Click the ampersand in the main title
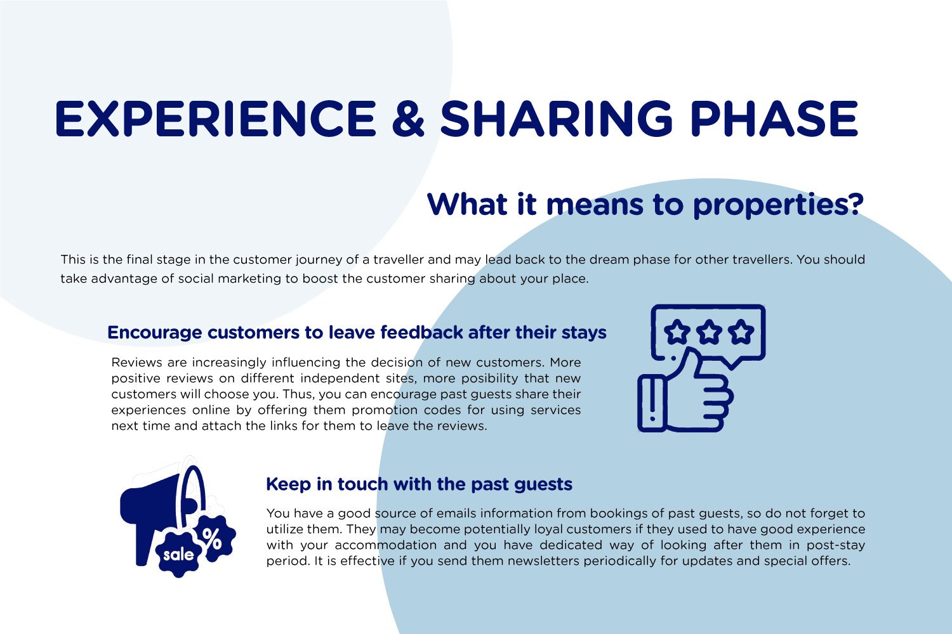click(x=409, y=119)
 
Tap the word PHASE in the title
click(x=774, y=119)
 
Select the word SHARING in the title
click(x=557, y=119)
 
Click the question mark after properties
click(x=854, y=204)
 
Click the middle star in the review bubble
click(x=710, y=332)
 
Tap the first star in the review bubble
click(x=677, y=332)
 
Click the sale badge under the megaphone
click(x=179, y=554)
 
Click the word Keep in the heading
click(x=289, y=485)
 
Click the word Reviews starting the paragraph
click(x=137, y=362)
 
